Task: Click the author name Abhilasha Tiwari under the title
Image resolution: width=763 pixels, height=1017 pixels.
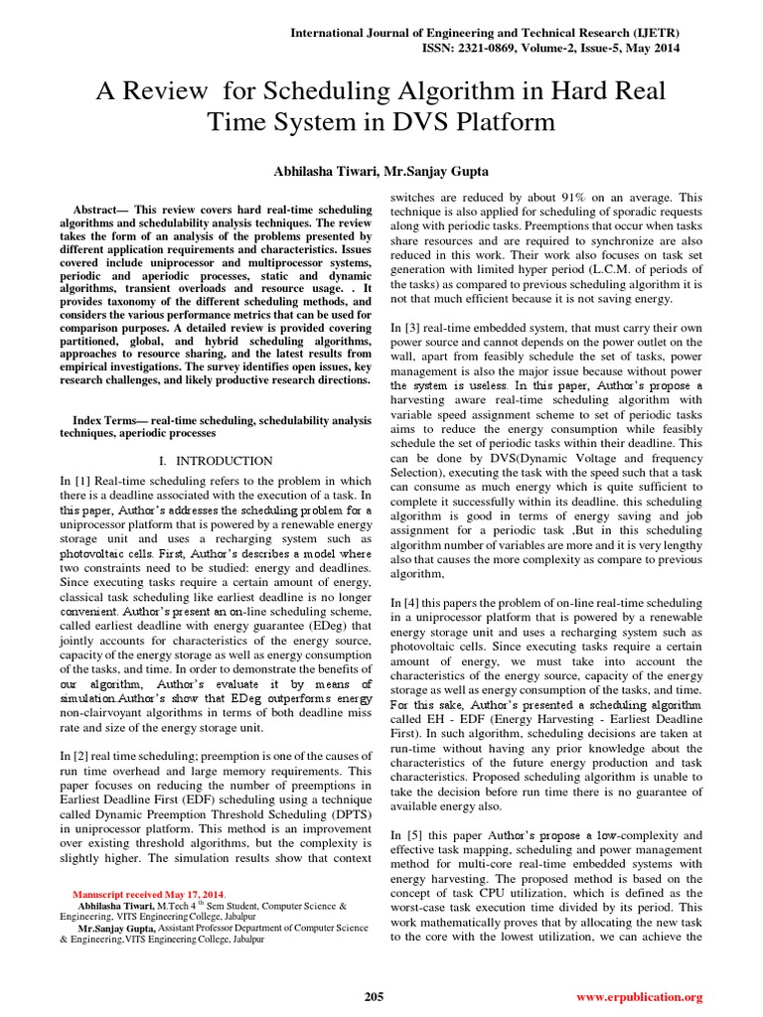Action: tap(314, 172)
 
